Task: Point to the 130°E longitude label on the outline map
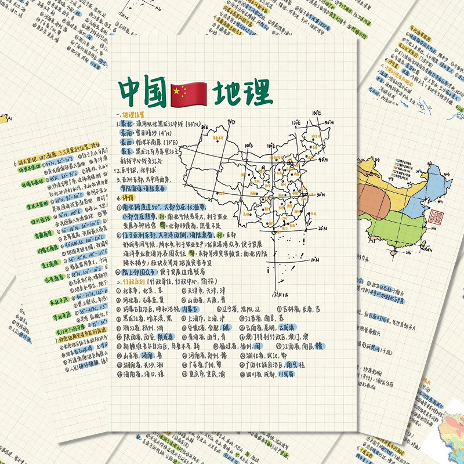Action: point(317,113)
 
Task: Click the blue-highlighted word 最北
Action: point(126,124)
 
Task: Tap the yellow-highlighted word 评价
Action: point(126,198)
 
